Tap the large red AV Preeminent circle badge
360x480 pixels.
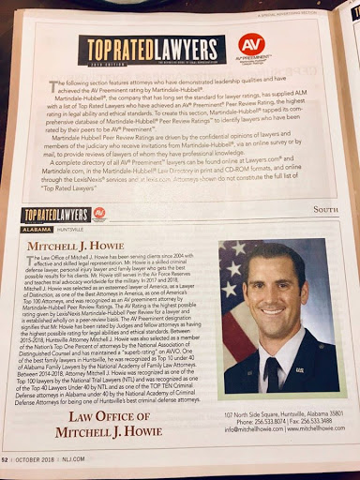251,47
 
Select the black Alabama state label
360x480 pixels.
39,229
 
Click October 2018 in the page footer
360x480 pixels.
63,458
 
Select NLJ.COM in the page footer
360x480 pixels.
109,458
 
